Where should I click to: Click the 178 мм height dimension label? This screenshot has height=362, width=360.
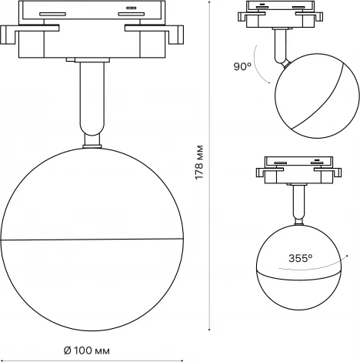pyautogui.click(x=198, y=162)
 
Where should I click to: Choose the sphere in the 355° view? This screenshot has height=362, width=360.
pyautogui.click(x=298, y=266)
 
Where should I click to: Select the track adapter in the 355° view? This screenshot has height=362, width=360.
pyautogui.click(x=298, y=169)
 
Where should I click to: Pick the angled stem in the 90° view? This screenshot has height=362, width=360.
pyautogui.click(x=281, y=46)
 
